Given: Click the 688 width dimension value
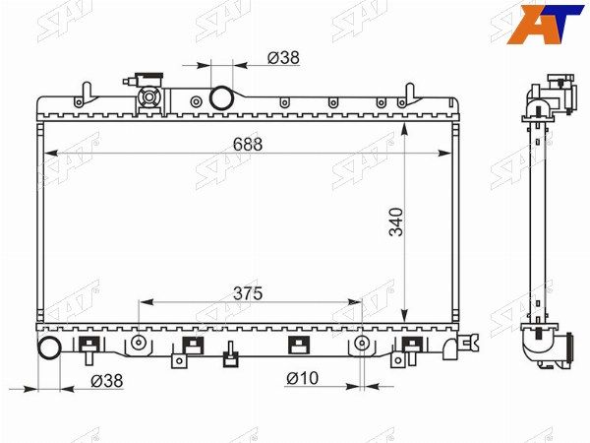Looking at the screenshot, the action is pos(247,145).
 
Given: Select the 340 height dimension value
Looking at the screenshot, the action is pos(396,221).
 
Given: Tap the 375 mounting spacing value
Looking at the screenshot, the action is pos(247,293).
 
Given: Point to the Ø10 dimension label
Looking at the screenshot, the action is pos(302,378).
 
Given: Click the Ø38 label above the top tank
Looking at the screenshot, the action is pos(283,58).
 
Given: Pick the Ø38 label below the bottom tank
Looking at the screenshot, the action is pos(107,381).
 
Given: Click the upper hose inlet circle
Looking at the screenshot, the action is pos(221,97).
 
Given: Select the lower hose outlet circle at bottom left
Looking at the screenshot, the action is pos(50,348).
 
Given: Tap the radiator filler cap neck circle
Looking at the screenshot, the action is pos(149,97).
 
